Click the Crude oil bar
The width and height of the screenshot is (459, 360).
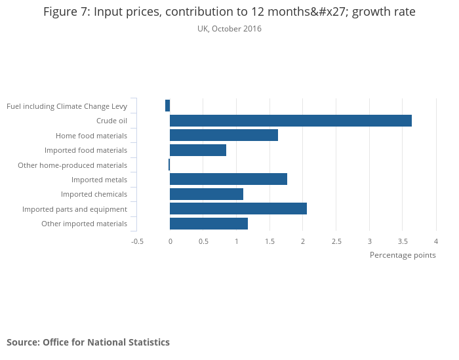point(290,121)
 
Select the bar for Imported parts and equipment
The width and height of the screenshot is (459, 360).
point(238,209)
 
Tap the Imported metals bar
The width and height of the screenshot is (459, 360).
point(228,180)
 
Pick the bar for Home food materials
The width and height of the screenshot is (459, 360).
point(224,135)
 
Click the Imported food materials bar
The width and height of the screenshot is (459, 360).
point(198,150)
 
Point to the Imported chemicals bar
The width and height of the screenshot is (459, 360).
point(207,194)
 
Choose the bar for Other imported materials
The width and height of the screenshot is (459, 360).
point(209,224)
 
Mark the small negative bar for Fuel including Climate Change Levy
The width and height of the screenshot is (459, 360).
point(168,106)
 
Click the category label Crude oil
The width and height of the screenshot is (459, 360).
point(111,121)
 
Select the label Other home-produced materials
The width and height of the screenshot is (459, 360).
point(72,165)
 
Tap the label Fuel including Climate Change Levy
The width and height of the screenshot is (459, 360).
point(67,106)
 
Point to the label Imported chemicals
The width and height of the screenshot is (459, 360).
point(94,194)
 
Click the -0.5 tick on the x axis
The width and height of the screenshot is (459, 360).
point(137,241)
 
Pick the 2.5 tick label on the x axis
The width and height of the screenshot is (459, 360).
point(336,241)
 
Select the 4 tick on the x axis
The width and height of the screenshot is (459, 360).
point(436,241)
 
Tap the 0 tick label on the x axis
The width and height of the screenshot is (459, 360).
point(170,241)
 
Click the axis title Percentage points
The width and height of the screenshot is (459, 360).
point(403,255)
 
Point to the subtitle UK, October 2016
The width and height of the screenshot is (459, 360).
point(229,29)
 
